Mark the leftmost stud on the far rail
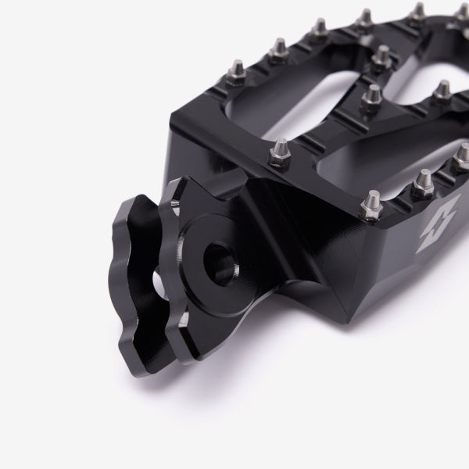277,52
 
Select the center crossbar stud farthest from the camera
382,56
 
